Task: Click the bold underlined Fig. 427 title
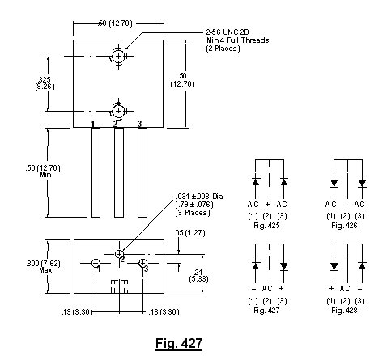point(179,344)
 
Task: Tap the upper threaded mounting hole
point(118,57)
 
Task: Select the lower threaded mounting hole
point(118,111)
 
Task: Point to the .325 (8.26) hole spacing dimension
point(45,83)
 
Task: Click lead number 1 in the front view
point(96,172)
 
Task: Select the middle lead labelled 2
point(119,172)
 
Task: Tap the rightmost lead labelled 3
point(142,172)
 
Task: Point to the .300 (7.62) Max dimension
point(43,266)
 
